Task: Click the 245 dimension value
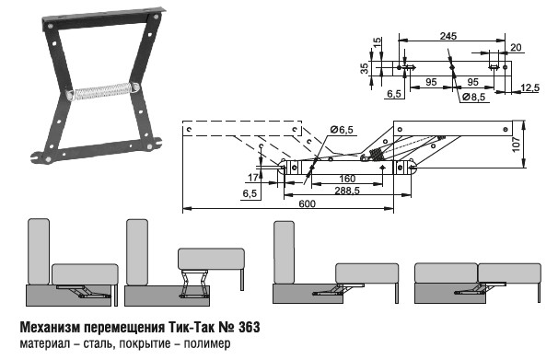pos(448,36)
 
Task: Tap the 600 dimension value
pos(307,203)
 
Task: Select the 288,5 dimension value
pos(347,191)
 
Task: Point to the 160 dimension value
pos(347,179)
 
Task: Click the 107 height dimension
pos(517,145)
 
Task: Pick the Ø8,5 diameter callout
pos(473,97)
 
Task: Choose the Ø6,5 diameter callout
pos(342,130)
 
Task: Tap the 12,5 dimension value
pos(529,87)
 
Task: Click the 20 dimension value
pos(516,47)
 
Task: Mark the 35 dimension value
pos(365,69)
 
